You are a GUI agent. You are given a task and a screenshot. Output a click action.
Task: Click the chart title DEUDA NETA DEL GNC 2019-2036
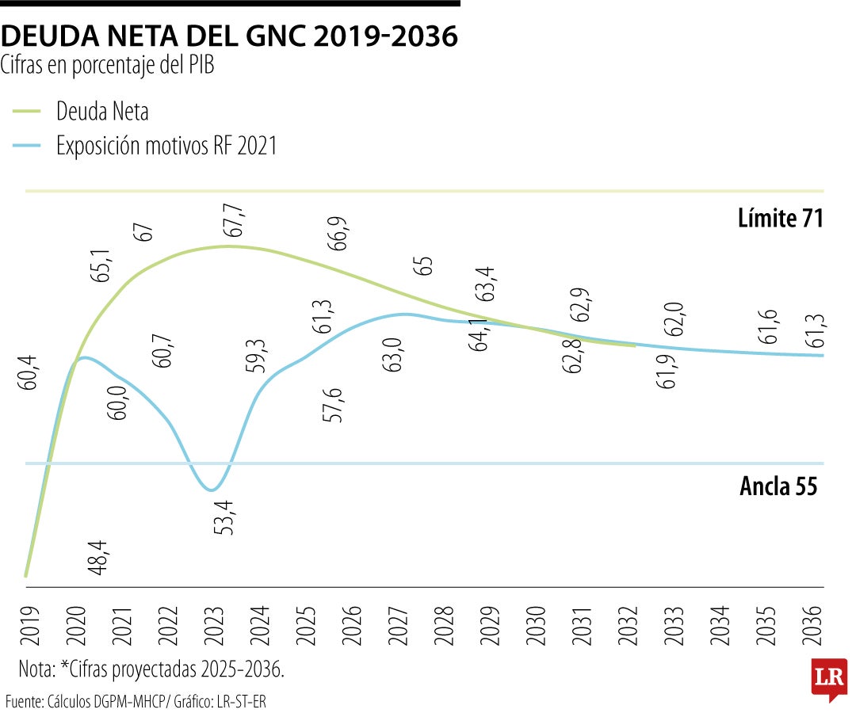click(x=230, y=36)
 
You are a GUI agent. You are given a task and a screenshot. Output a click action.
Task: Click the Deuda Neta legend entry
click(x=101, y=111)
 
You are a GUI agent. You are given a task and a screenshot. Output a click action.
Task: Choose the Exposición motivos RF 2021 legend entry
click(x=166, y=146)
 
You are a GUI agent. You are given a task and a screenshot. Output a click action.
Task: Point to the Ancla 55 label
click(x=778, y=486)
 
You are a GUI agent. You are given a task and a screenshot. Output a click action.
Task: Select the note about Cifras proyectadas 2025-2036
click(x=151, y=669)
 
